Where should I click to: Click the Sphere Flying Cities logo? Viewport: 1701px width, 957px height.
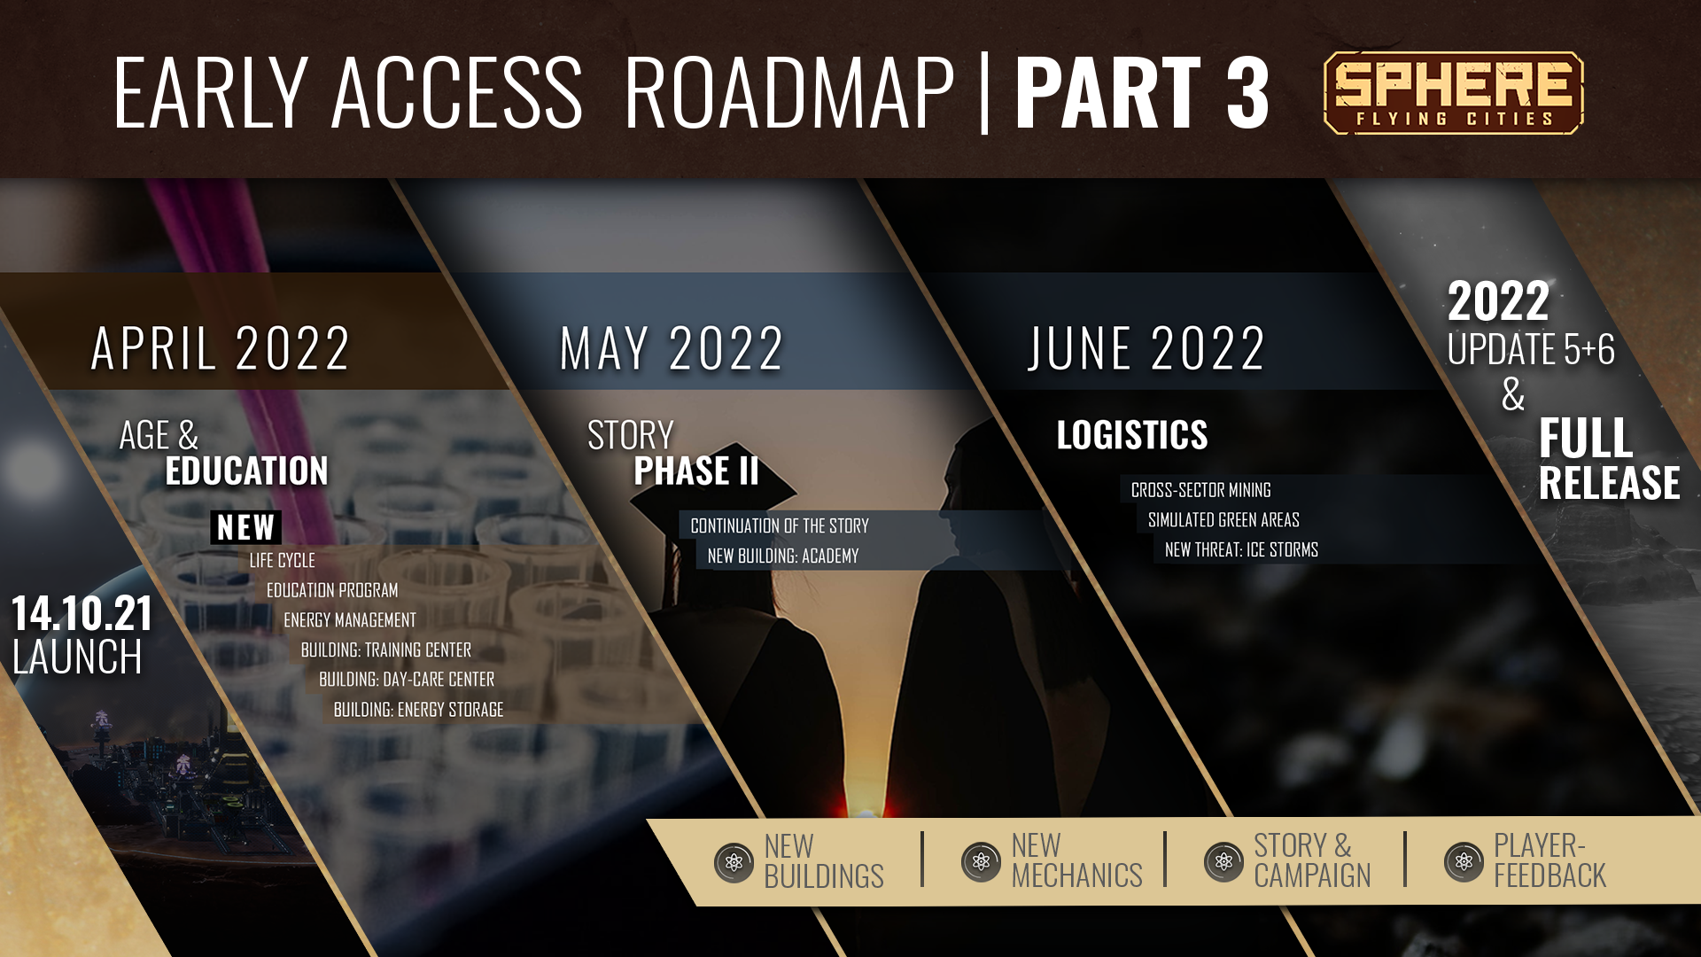coord(1453,93)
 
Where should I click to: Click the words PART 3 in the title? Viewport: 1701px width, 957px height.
coord(1143,92)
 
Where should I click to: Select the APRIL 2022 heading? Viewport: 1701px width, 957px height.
coord(221,348)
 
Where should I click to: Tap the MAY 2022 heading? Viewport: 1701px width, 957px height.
coord(672,348)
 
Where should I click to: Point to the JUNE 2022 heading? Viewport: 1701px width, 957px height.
coord(1146,348)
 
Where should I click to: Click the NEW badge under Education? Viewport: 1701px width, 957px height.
coord(245,527)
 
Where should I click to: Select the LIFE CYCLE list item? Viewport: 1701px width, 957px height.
coord(282,560)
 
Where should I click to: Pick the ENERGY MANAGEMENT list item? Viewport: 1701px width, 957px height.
coord(350,619)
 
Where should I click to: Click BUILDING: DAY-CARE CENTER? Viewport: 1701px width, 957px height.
coord(407,679)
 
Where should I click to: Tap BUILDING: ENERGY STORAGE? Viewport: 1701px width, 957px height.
coord(418,709)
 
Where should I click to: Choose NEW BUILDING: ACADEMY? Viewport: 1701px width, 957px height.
coord(783,556)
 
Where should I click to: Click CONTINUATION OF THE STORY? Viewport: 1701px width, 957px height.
coord(780,525)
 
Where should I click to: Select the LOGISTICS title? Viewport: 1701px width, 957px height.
coord(1132,435)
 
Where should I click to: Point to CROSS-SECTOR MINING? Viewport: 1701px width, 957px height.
coord(1200,490)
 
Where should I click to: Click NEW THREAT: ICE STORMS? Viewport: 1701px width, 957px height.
coord(1241,549)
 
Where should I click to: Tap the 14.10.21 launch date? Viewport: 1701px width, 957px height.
coord(82,613)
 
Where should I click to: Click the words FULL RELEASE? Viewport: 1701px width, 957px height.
coord(1609,460)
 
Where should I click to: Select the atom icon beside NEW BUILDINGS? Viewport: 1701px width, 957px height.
coord(734,861)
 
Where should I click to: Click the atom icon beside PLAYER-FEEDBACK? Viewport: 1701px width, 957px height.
coord(1464,861)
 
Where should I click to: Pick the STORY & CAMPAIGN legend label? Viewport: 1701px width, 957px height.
coord(1312,860)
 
